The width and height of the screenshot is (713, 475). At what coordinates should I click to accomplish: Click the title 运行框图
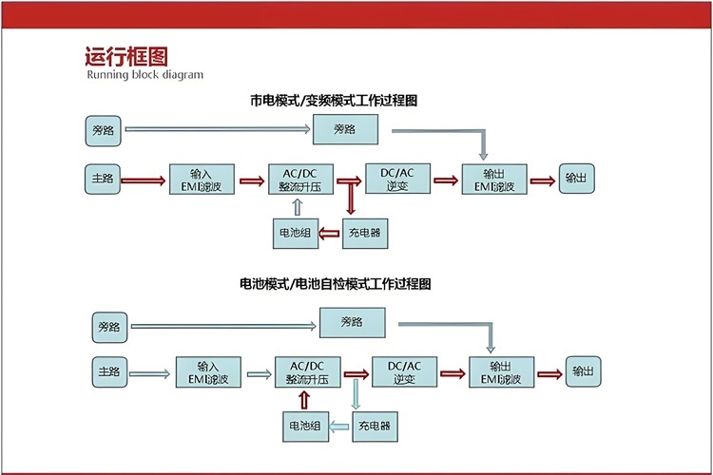tap(118, 57)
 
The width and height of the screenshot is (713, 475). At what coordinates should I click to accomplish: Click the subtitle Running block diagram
tap(145, 75)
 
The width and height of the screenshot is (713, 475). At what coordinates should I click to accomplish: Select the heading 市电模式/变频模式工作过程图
tap(334, 100)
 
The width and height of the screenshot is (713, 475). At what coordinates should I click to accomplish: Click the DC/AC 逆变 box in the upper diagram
tap(397, 180)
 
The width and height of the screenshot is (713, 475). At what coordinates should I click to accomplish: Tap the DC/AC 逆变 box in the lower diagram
tap(405, 371)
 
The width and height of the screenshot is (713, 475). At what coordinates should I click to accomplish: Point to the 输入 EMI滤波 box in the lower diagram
tap(208, 371)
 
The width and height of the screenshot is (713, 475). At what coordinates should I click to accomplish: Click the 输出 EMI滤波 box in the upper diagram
tap(493, 180)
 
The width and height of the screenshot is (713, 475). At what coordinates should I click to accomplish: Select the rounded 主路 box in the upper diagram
tap(104, 178)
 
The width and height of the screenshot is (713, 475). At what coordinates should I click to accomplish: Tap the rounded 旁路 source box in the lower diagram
tap(108, 328)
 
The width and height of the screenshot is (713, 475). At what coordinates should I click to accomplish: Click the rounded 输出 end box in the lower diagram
tap(583, 371)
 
